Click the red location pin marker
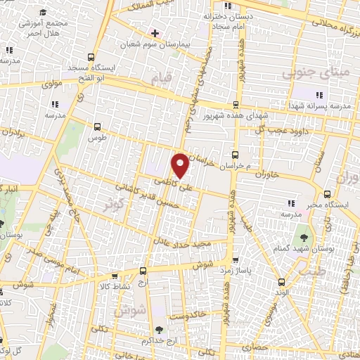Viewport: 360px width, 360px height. [x=180, y=165]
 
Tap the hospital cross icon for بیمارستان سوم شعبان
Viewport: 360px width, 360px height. [x=155, y=33]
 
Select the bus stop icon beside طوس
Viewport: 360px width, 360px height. [x=97, y=127]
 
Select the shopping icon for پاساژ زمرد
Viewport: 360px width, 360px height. [x=236, y=259]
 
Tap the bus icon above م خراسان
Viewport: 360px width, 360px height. [x=235, y=155]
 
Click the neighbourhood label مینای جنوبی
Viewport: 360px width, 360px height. [x=307, y=72]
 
